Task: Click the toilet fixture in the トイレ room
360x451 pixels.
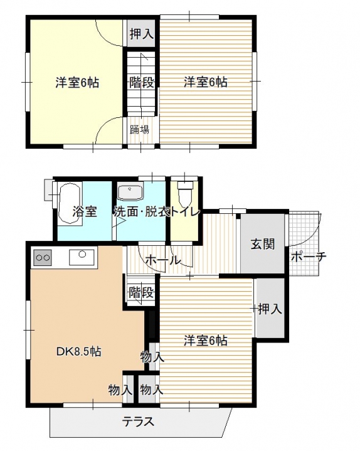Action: tap(184, 192)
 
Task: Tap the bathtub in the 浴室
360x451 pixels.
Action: tap(69, 203)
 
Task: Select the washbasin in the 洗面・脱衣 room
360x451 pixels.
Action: tap(130, 193)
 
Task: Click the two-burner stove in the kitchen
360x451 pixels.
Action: tap(43, 257)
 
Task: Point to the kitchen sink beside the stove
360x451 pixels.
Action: tap(82, 257)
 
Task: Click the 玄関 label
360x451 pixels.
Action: tap(263, 244)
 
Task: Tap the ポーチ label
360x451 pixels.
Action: tap(308, 257)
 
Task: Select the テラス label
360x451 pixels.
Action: tap(138, 422)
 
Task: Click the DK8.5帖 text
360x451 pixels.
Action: tap(78, 351)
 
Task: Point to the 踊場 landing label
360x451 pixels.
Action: tap(139, 130)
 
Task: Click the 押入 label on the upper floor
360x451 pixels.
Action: tap(141, 34)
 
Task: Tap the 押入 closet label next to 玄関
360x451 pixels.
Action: tap(270, 309)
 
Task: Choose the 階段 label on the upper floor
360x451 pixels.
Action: tap(142, 83)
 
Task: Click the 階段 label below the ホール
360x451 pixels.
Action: tap(140, 293)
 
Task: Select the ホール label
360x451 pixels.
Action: tap(163, 260)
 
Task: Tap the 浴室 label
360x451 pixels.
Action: tap(85, 212)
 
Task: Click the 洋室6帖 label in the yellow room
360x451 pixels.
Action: tap(77, 83)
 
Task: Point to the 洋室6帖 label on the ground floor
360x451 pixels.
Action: tap(206, 341)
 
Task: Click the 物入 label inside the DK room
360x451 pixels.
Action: tap(120, 390)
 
